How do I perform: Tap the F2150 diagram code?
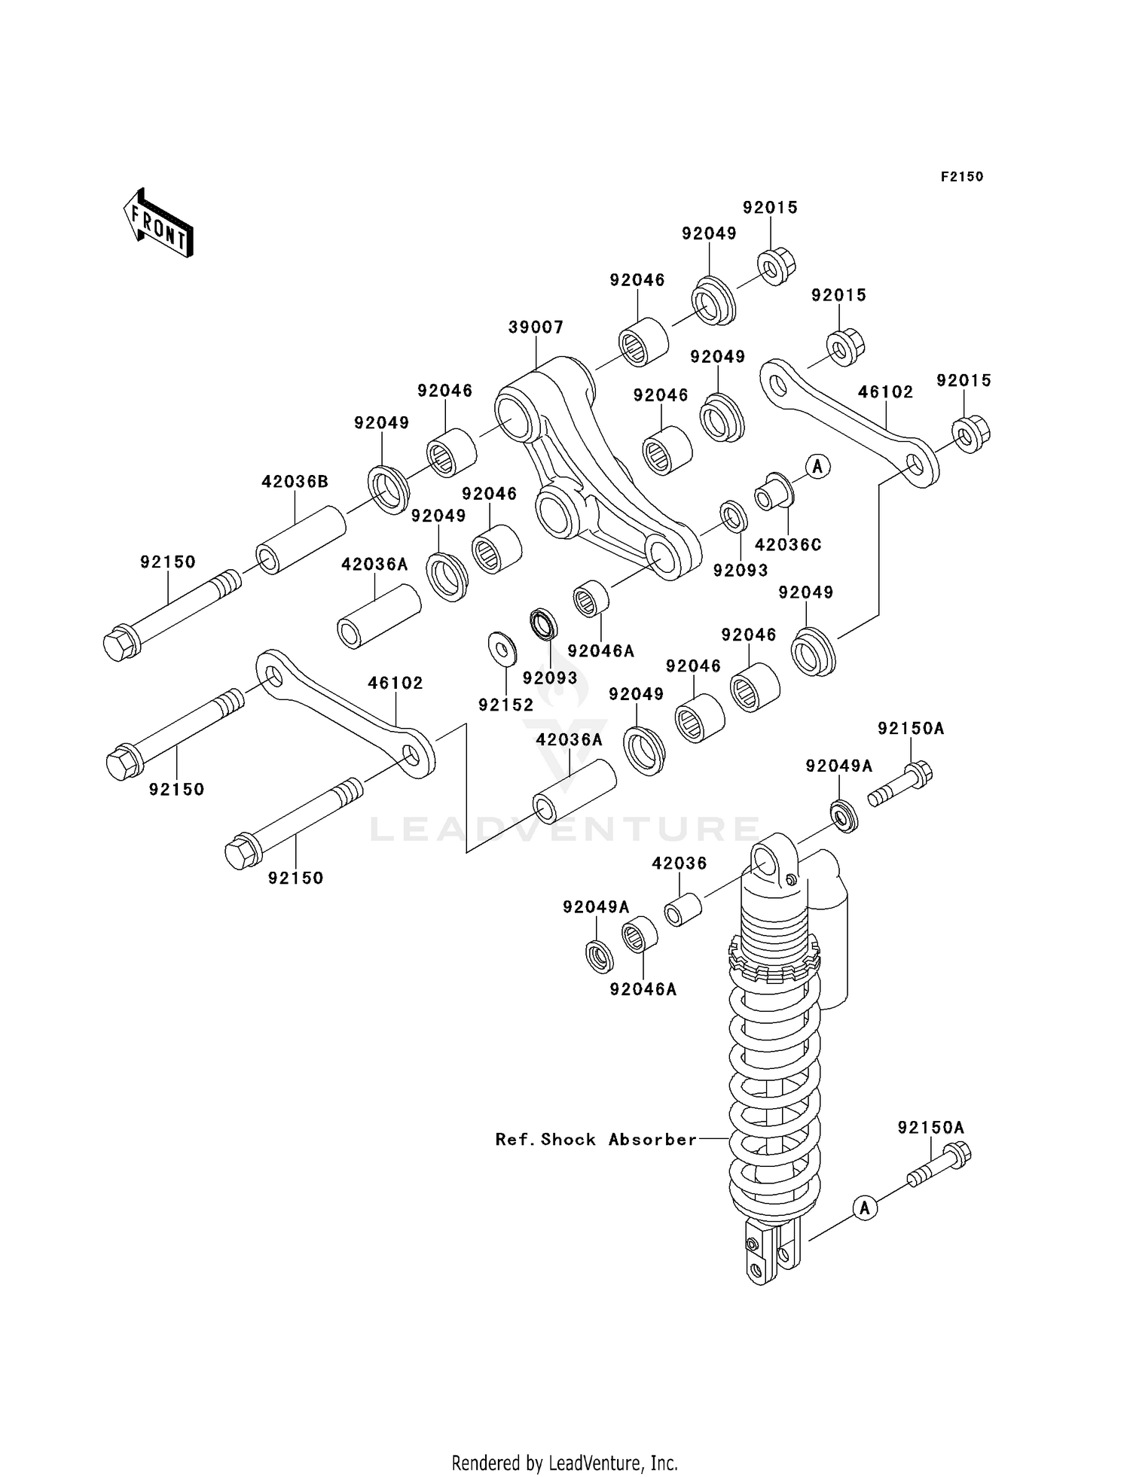[961, 177]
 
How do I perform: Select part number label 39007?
[536, 327]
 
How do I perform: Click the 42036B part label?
[295, 482]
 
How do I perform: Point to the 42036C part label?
[787, 544]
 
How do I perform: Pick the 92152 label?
[505, 705]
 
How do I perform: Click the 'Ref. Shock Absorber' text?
[595, 1140]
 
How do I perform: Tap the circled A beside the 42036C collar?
[817, 466]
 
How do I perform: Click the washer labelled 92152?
[502, 648]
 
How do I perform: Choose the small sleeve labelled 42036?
[683, 909]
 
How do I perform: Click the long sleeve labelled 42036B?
[301, 541]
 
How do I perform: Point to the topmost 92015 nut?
[777, 266]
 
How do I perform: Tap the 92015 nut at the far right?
[970, 434]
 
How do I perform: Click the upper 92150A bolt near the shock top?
[901, 784]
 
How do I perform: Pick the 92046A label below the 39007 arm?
[600, 651]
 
